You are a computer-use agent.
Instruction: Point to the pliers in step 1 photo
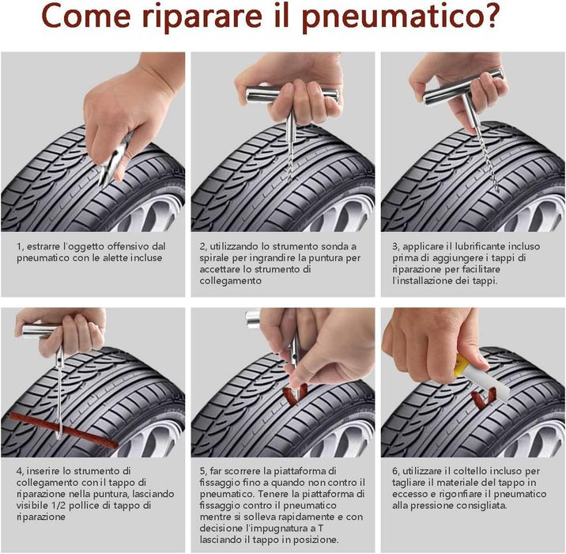tap(113, 163)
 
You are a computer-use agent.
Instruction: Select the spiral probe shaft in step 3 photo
tap(483, 150)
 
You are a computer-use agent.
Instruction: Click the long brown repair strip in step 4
tap(63, 427)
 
